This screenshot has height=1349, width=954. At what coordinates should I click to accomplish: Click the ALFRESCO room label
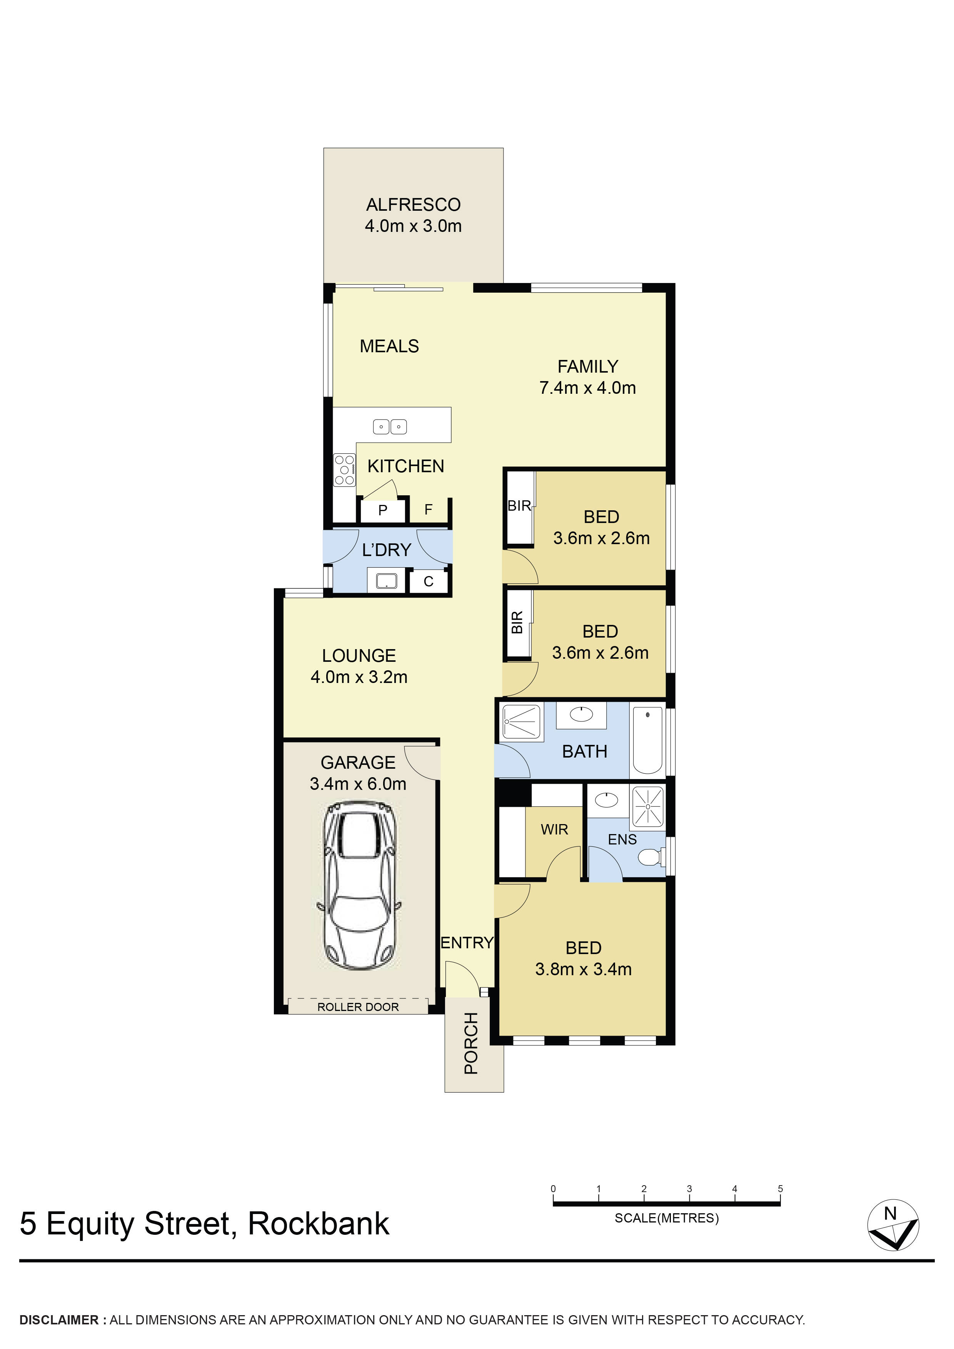coord(413,205)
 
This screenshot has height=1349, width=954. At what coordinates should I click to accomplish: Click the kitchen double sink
coord(390,426)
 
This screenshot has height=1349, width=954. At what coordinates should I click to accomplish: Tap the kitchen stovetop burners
coord(344,470)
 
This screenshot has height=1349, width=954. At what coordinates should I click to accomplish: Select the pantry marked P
coord(383,510)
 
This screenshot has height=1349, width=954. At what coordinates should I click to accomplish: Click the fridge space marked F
coord(429,510)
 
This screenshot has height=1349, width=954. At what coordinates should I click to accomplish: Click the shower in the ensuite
coord(648,806)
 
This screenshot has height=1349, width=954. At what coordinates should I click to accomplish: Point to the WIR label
coord(554,829)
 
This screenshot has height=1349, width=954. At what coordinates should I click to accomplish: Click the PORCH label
coord(471,1043)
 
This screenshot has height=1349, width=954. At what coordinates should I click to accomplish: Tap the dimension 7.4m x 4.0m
coord(587,388)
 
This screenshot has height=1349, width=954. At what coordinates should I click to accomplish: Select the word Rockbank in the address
coord(318,1224)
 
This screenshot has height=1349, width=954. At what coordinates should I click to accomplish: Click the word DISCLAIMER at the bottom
coord(59,1320)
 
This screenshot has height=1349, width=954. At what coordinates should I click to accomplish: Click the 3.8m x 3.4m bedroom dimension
coord(583,969)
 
